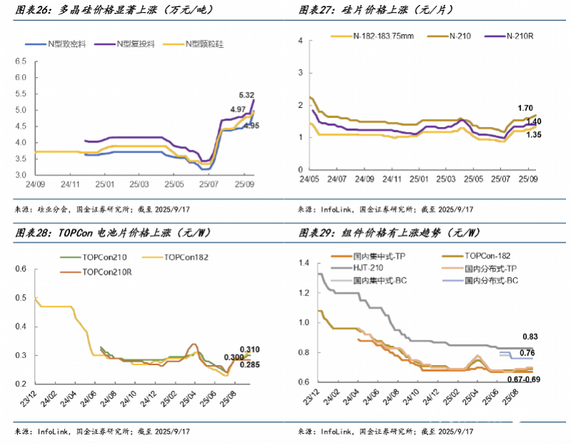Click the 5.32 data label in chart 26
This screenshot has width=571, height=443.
coord(246,95)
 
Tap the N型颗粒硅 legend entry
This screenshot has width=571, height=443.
coord(203,44)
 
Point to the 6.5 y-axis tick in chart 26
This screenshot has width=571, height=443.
coord(21,61)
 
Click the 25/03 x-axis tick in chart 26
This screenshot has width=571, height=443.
coord(141,185)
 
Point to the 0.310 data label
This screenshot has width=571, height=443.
coord(249,350)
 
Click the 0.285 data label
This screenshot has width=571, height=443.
coord(249,365)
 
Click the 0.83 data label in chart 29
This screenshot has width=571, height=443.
coord(529,337)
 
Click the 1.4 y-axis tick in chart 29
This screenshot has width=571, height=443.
coord(303,264)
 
